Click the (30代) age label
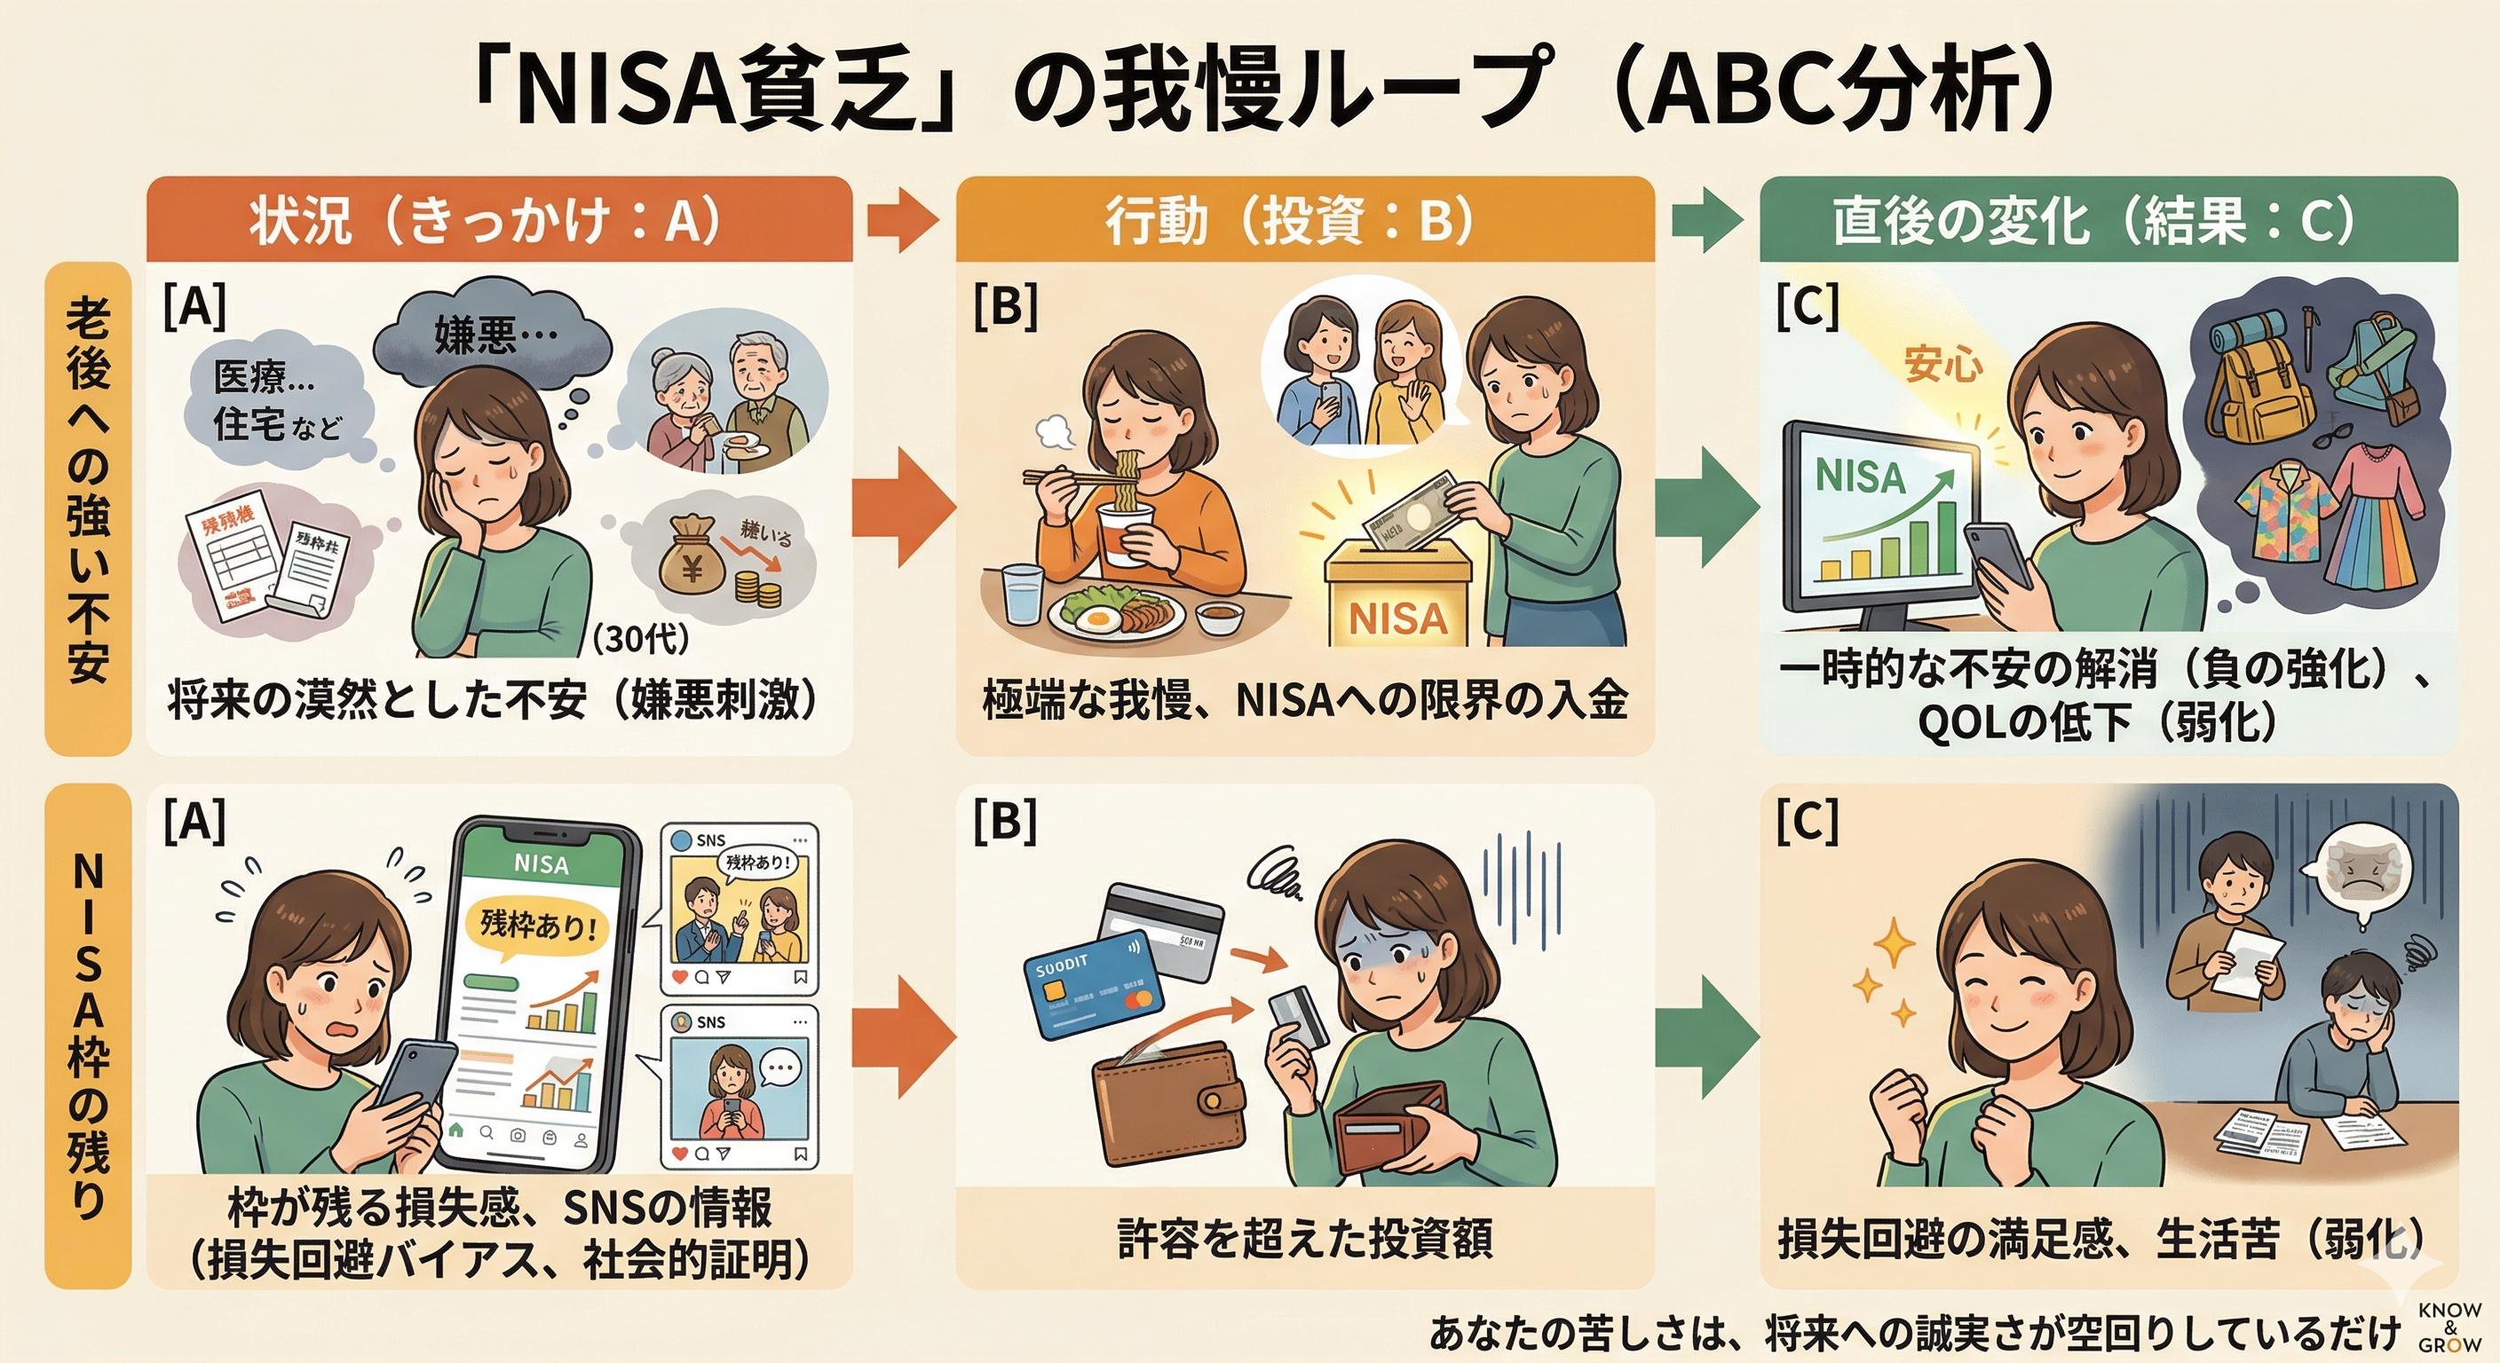point(640,638)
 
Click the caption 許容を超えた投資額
point(1304,1239)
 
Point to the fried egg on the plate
point(1096,616)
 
